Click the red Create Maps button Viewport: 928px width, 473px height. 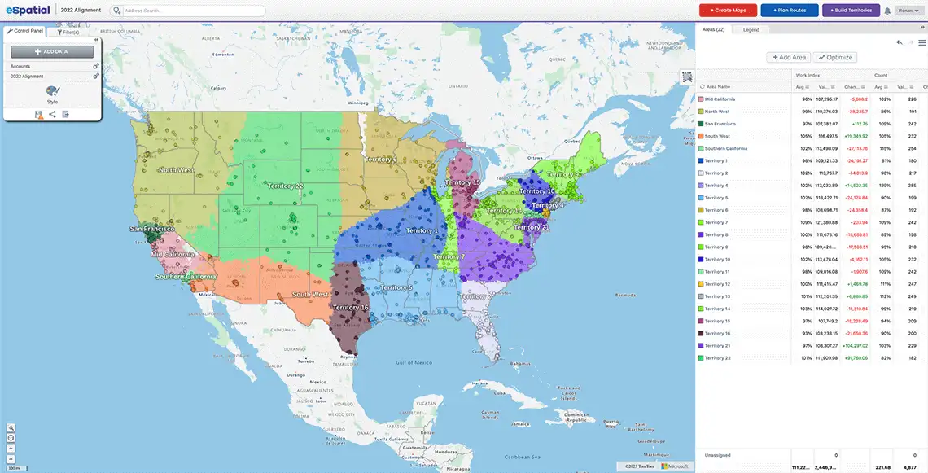728,11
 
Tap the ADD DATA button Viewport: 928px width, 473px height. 52,51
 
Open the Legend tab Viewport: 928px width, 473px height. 751,29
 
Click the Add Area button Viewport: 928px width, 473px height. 789,57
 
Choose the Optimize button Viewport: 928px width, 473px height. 835,57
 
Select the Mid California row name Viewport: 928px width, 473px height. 720,99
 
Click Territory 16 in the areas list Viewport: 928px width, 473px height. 717,333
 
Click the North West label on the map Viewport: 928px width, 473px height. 177,170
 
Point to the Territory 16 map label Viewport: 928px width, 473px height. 351,308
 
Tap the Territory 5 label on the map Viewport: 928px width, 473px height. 397,287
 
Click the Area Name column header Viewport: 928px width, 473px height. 718,86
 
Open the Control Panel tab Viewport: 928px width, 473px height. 25,31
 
